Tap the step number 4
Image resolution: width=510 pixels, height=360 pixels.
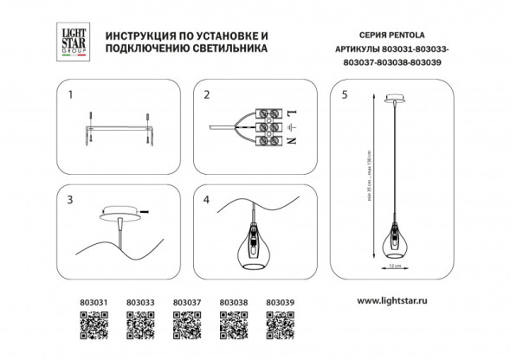pyautogui.click(x=207, y=198)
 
